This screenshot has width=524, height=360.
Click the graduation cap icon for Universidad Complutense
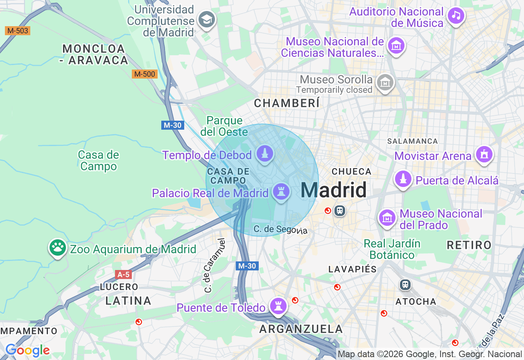[x=206, y=19]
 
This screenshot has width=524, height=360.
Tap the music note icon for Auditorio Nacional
[x=456, y=16]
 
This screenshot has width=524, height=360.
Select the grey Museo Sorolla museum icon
[x=385, y=83]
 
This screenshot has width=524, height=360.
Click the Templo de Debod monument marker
[x=265, y=154]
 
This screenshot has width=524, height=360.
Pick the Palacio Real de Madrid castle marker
[x=281, y=191]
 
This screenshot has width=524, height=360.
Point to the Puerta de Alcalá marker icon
[x=403, y=179]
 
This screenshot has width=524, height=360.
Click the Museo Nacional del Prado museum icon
[x=387, y=218]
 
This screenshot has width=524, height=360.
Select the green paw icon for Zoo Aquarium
[x=58, y=248]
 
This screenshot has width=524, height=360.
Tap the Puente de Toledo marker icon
[x=278, y=306]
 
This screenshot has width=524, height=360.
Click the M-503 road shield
[x=18, y=31]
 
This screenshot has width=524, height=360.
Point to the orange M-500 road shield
[x=145, y=74]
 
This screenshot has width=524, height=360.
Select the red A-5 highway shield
[x=123, y=274]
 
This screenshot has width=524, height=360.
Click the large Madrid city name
[x=333, y=190]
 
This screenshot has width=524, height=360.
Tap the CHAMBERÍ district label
[x=287, y=103]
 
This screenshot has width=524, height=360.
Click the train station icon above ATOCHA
[x=405, y=284]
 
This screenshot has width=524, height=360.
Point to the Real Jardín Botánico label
[x=392, y=249]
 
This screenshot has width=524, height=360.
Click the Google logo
[x=27, y=350]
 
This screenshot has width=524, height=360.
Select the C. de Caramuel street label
[x=215, y=265]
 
